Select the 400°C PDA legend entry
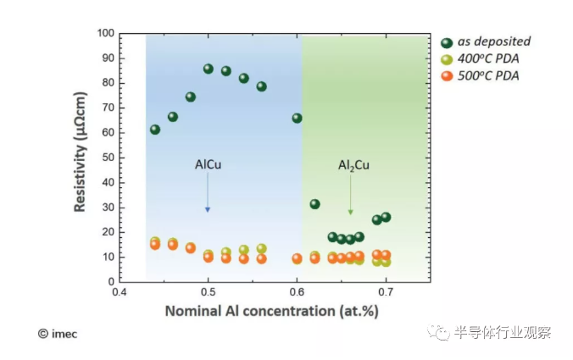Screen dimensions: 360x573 pos(487,59)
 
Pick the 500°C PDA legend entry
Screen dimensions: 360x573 pos(487,76)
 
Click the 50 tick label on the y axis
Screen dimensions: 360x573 pos(107,158)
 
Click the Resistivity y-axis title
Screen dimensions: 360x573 pos(81,158)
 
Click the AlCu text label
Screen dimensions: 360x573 pos(208,165)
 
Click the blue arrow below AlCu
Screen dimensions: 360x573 pos(208,197)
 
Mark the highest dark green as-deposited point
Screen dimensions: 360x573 pos(209,69)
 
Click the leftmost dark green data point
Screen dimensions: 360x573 pos(155,130)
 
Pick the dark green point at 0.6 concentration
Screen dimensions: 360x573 pos(297,118)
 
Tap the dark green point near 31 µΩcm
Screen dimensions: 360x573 pos(314,204)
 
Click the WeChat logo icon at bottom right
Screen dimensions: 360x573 pos(441,332)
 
